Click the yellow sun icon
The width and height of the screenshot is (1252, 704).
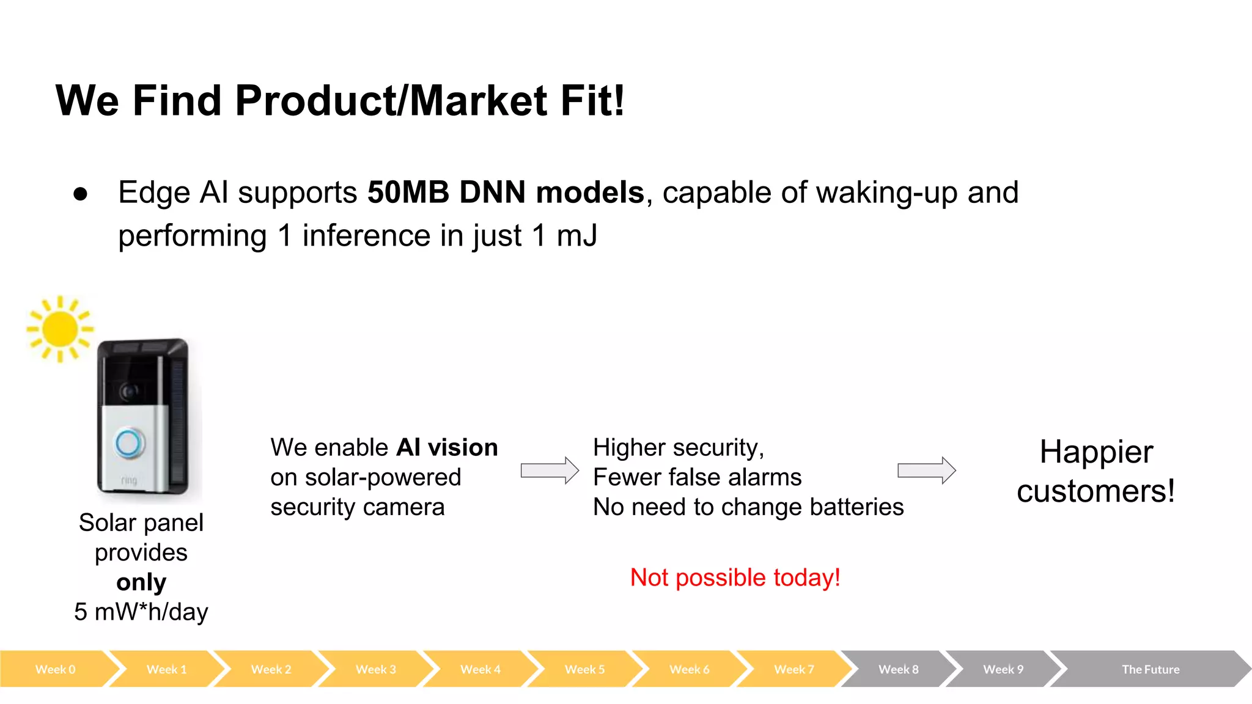point(60,329)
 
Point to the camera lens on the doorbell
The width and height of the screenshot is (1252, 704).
point(128,391)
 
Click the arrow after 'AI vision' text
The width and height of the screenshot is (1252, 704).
point(549,471)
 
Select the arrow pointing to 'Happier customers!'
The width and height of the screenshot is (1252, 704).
point(926,471)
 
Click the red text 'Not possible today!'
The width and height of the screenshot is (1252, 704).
point(735,577)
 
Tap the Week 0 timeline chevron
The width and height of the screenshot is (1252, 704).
point(56,669)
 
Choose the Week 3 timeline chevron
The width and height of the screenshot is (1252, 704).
point(376,669)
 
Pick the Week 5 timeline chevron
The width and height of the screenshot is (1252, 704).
point(585,669)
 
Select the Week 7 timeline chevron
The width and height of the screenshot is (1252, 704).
point(794,669)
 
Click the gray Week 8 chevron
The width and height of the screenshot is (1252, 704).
point(899,669)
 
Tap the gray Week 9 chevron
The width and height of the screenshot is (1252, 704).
point(1003,669)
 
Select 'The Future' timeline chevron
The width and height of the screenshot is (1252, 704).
point(1151,669)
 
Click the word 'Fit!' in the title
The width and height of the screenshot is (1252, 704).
point(592,101)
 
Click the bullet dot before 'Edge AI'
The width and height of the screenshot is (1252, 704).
point(80,194)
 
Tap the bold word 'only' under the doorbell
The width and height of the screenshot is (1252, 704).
point(141,582)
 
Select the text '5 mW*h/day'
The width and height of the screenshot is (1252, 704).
point(141,612)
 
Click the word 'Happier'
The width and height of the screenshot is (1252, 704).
point(1096,452)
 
